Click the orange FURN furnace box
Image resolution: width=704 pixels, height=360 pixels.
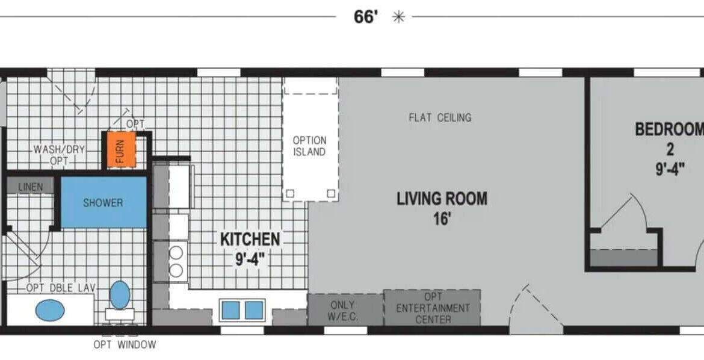tap(121, 150)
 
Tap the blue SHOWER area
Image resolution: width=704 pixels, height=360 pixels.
tap(103, 202)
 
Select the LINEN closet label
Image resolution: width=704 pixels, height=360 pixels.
tap(31, 187)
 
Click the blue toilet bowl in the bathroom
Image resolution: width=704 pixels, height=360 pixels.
tap(120, 295)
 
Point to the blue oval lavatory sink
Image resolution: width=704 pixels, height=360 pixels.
tap(50, 310)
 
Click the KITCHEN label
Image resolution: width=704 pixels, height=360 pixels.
tap(250, 239)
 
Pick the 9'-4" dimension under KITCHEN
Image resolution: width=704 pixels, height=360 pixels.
tap(250, 259)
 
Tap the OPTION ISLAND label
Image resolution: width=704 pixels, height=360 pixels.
tap(309, 146)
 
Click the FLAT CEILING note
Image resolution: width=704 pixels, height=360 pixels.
tap(440, 118)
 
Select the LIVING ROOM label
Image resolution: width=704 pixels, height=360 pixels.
tap(442, 198)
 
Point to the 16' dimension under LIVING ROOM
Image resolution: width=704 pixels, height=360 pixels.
tap(442, 219)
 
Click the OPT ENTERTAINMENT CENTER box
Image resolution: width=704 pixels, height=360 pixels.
tap(433, 308)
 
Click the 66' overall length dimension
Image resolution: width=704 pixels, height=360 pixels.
tap(365, 17)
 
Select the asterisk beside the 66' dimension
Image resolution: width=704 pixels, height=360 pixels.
tap(398, 17)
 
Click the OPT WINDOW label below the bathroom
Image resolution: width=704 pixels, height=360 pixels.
tap(125, 345)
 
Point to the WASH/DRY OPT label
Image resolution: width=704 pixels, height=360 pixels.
tap(59, 155)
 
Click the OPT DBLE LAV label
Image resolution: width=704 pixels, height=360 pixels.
tap(61, 288)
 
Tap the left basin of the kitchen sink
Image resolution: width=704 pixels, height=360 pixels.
tap(231, 311)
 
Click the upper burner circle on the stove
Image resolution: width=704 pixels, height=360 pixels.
tap(176, 253)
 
